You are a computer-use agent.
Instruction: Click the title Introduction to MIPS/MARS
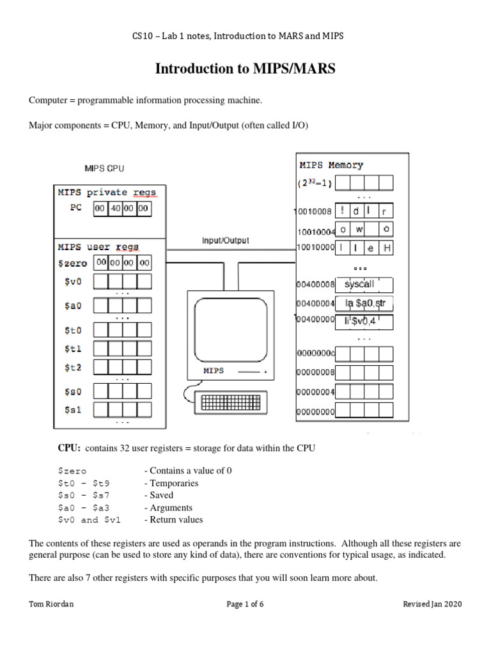[x=245, y=69]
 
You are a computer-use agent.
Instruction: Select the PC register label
[x=77, y=209]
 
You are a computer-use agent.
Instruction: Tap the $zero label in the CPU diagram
[x=72, y=263]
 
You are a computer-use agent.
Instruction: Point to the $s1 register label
[x=73, y=409]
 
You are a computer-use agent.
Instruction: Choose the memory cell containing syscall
[x=363, y=284]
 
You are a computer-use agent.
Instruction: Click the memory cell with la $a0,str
[x=363, y=303]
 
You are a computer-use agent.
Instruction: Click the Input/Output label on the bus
[x=225, y=241]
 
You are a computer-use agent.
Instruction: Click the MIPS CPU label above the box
[x=104, y=168]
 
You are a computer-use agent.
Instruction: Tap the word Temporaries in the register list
[x=171, y=483]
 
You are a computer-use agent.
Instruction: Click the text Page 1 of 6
[x=246, y=604]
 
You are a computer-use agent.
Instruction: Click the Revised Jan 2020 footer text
[x=432, y=604]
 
